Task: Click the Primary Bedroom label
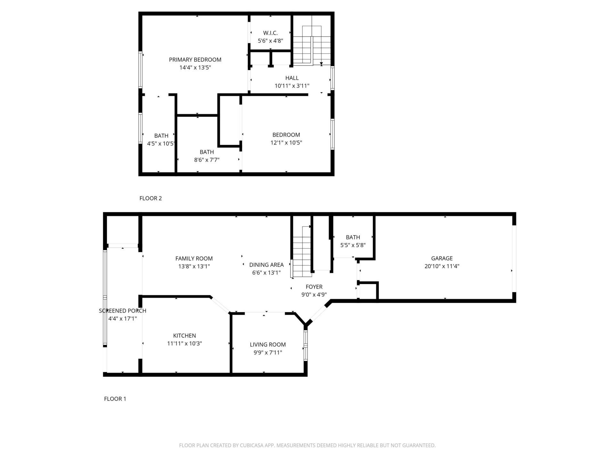click(x=195, y=60)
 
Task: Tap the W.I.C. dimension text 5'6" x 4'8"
click(x=270, y=41)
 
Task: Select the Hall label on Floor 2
click(x=292, y=78)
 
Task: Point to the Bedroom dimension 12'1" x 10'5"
click(x=286, y=143)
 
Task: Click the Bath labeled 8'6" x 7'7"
click(x=207, y=152)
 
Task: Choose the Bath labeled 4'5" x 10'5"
click(x=161, y=136)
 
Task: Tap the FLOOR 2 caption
click(x=151, y=198)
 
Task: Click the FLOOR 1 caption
click(x=115, y=399)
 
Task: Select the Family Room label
click(x=194, y=258)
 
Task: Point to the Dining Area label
click(x=266, y=265)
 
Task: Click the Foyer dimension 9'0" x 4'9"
click(x=314, y=295)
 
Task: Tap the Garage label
click(x=442, y=258)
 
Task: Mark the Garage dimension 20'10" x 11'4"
click(x=442, y=266)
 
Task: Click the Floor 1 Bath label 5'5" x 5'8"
click(x=353, y=237)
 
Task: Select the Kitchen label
click(x=184, y=336)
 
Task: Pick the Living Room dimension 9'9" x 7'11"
click(x=267, y=353)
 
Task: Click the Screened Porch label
click(x=122, y=311)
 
